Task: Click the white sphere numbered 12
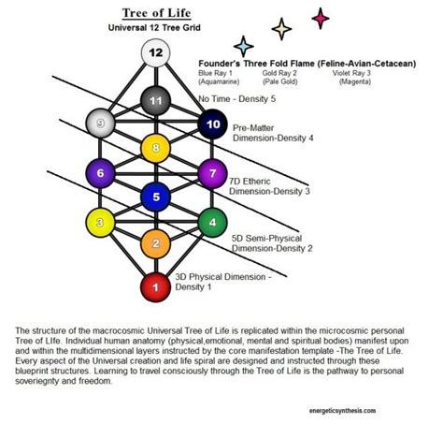[156, 53]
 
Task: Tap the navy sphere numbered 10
[212, 124]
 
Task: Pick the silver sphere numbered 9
[99, 122]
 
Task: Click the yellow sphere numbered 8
[156, 146]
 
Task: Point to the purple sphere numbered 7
[212, 172]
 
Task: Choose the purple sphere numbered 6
[99, 172]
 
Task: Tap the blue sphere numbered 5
[156, 197]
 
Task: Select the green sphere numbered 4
[212, 222]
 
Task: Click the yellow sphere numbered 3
[99, 222]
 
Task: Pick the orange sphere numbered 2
[156, 243]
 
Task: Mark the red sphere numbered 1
[156, 286]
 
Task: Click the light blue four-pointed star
[245, 44]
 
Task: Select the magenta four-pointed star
[321, 17]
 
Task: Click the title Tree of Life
[155, 13]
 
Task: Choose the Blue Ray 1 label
[217, 72]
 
